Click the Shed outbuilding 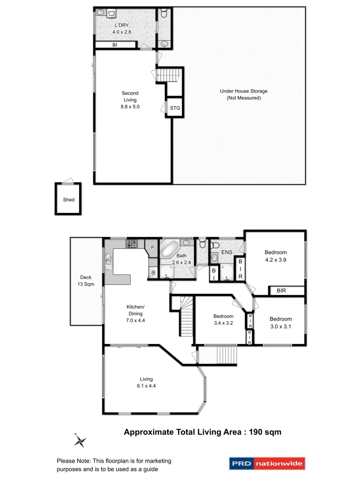pos(68,199)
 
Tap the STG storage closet pos(175,107)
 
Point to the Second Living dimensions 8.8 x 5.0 pos(130,107)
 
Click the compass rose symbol pos(80,440)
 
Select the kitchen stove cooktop pos(132,244)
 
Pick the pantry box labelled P pos(152,247)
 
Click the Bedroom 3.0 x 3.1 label pos(280,323)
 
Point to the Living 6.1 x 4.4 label pos(146,382)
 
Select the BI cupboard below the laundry pos(115,45)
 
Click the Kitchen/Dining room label pos(136,310)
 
